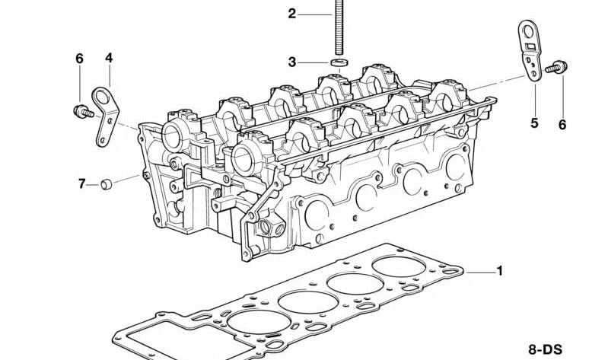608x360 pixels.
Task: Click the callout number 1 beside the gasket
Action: click(500, 270)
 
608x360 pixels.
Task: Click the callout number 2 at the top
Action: click(292, 13)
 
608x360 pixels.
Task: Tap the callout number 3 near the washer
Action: click(292, 62)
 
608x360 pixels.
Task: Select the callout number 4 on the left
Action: click(109, 57)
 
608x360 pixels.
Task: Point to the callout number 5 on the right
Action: click(534, 123)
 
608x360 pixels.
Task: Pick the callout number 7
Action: click(82, 183)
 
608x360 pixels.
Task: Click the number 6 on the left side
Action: click(78, 59)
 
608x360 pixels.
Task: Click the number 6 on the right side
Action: click(562, 125)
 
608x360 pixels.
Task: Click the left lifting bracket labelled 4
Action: click(105, 114)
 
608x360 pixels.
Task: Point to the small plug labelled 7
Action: click(107, 183)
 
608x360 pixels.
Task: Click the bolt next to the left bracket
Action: click(81, 112)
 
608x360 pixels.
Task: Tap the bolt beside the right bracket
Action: click(555, 68)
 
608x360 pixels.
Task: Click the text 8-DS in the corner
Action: click(546, 349)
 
